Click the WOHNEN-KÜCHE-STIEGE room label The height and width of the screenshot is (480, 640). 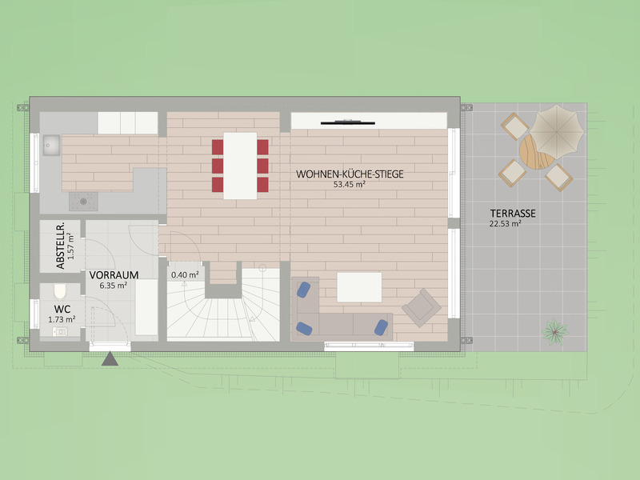pyautogui.click(x=350, y=174)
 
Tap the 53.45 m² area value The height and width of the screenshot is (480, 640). pyautogui.click(x=349, y=185)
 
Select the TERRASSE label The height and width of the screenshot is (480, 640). pyautogui.click(x=513, y=214)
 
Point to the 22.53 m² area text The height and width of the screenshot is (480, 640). pyautogui.click(x=506, y=224)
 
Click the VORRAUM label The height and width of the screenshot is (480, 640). pyautogui.click(x=114, y=275)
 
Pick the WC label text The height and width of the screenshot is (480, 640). pyautogui.click(x=62, y=310)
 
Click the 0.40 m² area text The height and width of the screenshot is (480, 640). pyautogui.click(x=185, y=274)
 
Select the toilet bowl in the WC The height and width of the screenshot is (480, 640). pyautogui.click(x=59, y=291)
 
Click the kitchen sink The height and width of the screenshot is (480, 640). pyautogui.click(x=51, y=145)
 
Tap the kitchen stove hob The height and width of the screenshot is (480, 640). pyautogui.click(x=83, y=202)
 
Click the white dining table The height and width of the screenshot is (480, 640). pyautogui.click(x=240, y=166)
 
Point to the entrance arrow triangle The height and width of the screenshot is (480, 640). pyautogui.click(x=110, y=358)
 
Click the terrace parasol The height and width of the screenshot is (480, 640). pyautogui.click(x=556, y=132)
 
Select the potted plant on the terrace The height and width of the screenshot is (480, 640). pyautogui.click(x=555, y=331)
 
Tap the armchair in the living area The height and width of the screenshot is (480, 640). pyautogui.click(x=422, y=308)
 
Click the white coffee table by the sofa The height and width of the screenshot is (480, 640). pyautogui.click(x=359, y=287)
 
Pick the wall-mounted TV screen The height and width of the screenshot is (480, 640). pyautogui.click(x=348, y=122)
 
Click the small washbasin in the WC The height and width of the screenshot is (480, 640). pyautogui.click(x=60, y=331)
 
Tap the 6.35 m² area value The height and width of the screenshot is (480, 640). pyautogui.click(x=113, y=286)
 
